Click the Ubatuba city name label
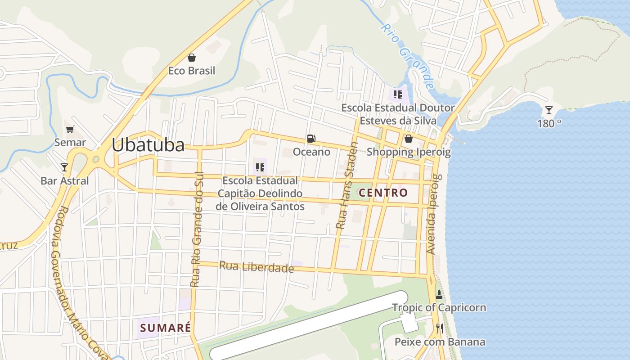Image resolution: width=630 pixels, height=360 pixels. click(x=148, y=145)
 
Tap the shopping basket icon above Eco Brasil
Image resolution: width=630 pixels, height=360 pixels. click(x=192, y=58)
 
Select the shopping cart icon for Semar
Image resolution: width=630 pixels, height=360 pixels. click(x=70, y=130)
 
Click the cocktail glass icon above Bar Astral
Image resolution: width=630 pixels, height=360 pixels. click(x=64, y=167)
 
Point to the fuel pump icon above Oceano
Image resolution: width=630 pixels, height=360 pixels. click(x=311, y=139)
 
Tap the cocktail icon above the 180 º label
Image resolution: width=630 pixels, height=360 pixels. click(x=549, y=110)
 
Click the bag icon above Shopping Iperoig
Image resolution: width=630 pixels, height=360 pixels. click(x=408, y=139)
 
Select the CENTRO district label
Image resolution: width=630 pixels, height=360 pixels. click(x=383, y=193)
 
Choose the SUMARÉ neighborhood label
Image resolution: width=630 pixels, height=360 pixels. click(x=165, y=328)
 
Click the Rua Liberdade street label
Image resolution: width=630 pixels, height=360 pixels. click(x=256, y=267)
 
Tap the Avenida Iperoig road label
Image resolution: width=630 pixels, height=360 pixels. click(x=432, y=214)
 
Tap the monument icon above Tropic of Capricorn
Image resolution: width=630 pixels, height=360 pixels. click(x=439, y=295)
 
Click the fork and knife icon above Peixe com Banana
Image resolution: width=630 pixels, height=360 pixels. click(x=439, y=328)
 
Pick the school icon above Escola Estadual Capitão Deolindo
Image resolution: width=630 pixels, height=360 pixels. click(x=260, y=167)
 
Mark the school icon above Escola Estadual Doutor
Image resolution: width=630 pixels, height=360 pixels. click(x=397, y=94)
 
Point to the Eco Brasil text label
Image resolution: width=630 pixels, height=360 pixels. click(x=192, y=71)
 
